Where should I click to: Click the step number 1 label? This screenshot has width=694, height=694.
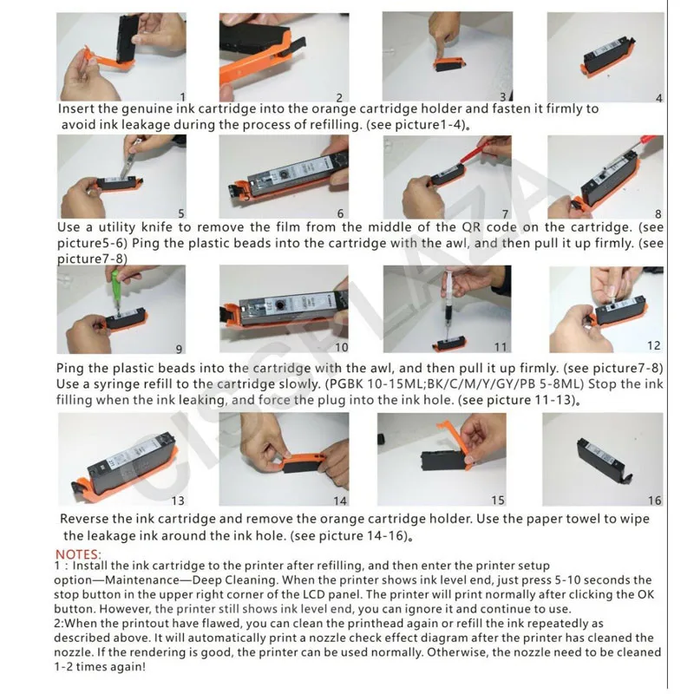pos(182,96)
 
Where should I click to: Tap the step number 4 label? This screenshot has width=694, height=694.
pos(659,98)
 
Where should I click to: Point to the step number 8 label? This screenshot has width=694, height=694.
pos(659,213)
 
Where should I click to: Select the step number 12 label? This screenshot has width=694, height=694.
pos(653,346)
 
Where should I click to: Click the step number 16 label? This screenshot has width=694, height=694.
pos(654,501)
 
